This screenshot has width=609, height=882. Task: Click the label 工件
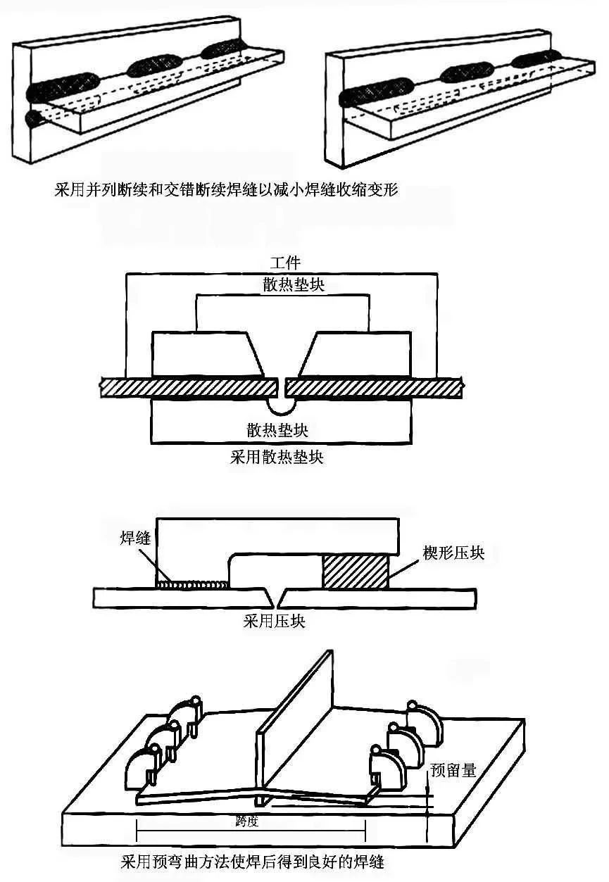pyautogui.click(x=285, y=263)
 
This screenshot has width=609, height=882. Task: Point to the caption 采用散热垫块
pyautogui.click(x=277, y=458)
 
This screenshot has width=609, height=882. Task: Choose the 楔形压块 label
pyautogui.click(x=453, y=552)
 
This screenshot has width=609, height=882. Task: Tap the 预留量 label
pyautogui.click(x=453, y=770)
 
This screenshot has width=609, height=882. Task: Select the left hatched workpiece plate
pyautogui.click(x=187, y=386)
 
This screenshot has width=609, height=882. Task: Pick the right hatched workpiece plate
pyautogui.click(x=373, y=386)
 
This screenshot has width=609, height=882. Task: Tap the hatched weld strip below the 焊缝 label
pyautogui.click(x=192, y=584)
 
